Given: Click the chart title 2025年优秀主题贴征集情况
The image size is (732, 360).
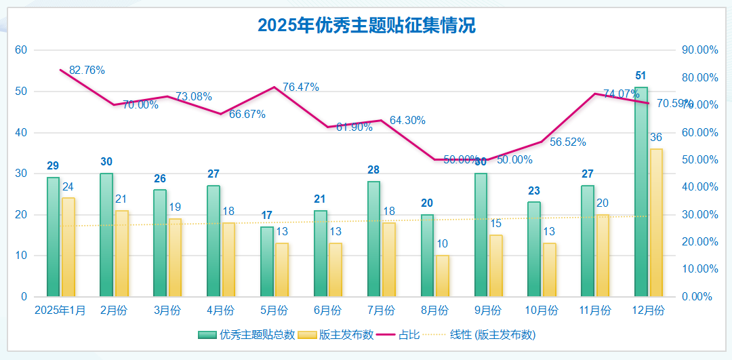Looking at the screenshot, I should pos(366,26).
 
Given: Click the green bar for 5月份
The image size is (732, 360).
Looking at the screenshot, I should pos(267,262).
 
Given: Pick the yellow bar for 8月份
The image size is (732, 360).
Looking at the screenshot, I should pos(442,276).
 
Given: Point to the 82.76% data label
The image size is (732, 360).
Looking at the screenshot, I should pos(87,71).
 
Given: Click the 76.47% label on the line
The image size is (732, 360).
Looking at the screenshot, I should pos(301,87).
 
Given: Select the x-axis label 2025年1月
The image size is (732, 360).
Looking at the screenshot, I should pos(60,311).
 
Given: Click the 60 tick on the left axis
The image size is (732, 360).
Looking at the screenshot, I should pos(21,50).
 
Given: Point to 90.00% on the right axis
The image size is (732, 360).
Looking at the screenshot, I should pos(700,50).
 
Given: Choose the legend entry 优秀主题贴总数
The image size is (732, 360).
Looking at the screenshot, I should pos(248,335).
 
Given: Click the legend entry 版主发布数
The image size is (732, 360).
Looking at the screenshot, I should pos(338,335).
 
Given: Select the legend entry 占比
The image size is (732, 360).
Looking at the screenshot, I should pos(401,335).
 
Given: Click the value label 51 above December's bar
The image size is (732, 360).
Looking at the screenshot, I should pos(640,75).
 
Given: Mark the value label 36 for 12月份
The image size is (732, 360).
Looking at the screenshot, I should pos(656,138).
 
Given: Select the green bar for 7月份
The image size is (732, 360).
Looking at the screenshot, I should pos(373,239).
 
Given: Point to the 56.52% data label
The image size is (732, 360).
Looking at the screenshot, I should pos(568,142).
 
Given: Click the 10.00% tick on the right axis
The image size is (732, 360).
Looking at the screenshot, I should pos(700,269).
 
